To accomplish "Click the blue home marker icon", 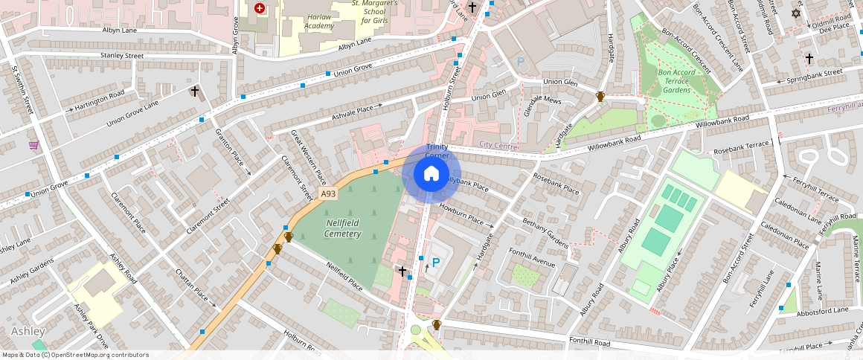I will [431, 173].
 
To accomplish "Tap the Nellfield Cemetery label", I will [342, 228].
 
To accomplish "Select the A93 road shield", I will [328, 193].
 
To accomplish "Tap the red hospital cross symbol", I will [259, 8].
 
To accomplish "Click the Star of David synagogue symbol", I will [797, 13].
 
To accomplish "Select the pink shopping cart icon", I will [33, 145].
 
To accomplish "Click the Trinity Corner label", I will [437, 152].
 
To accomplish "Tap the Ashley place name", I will [28, 331].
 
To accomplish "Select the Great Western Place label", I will [308, 156].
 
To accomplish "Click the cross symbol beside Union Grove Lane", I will [195, 91].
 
